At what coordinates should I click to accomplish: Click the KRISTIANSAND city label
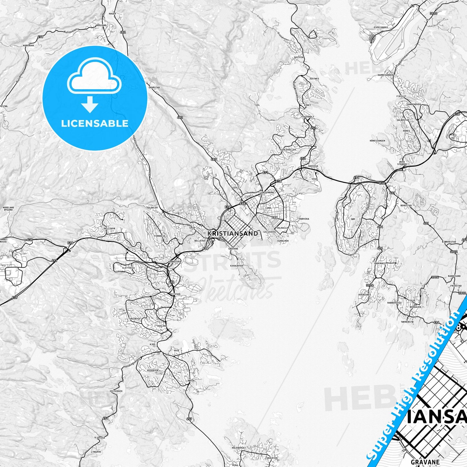tap(233, 233)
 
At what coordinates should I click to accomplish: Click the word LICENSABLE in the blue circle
tap(95, 123)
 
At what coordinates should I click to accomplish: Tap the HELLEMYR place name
tap(109, 228)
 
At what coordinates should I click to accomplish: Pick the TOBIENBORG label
tap(267, 192)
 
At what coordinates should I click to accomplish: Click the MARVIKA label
tap(304, 219)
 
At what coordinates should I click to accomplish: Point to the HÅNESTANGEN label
tap(377, 141)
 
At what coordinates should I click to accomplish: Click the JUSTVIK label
tap(298, 57)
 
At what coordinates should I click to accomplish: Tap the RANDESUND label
tap(454, 276)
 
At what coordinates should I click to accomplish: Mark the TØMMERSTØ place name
tap(407, 322)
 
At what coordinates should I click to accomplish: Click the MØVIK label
tap(191, 381)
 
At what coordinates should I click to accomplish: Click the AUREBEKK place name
tap(28, 46)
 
